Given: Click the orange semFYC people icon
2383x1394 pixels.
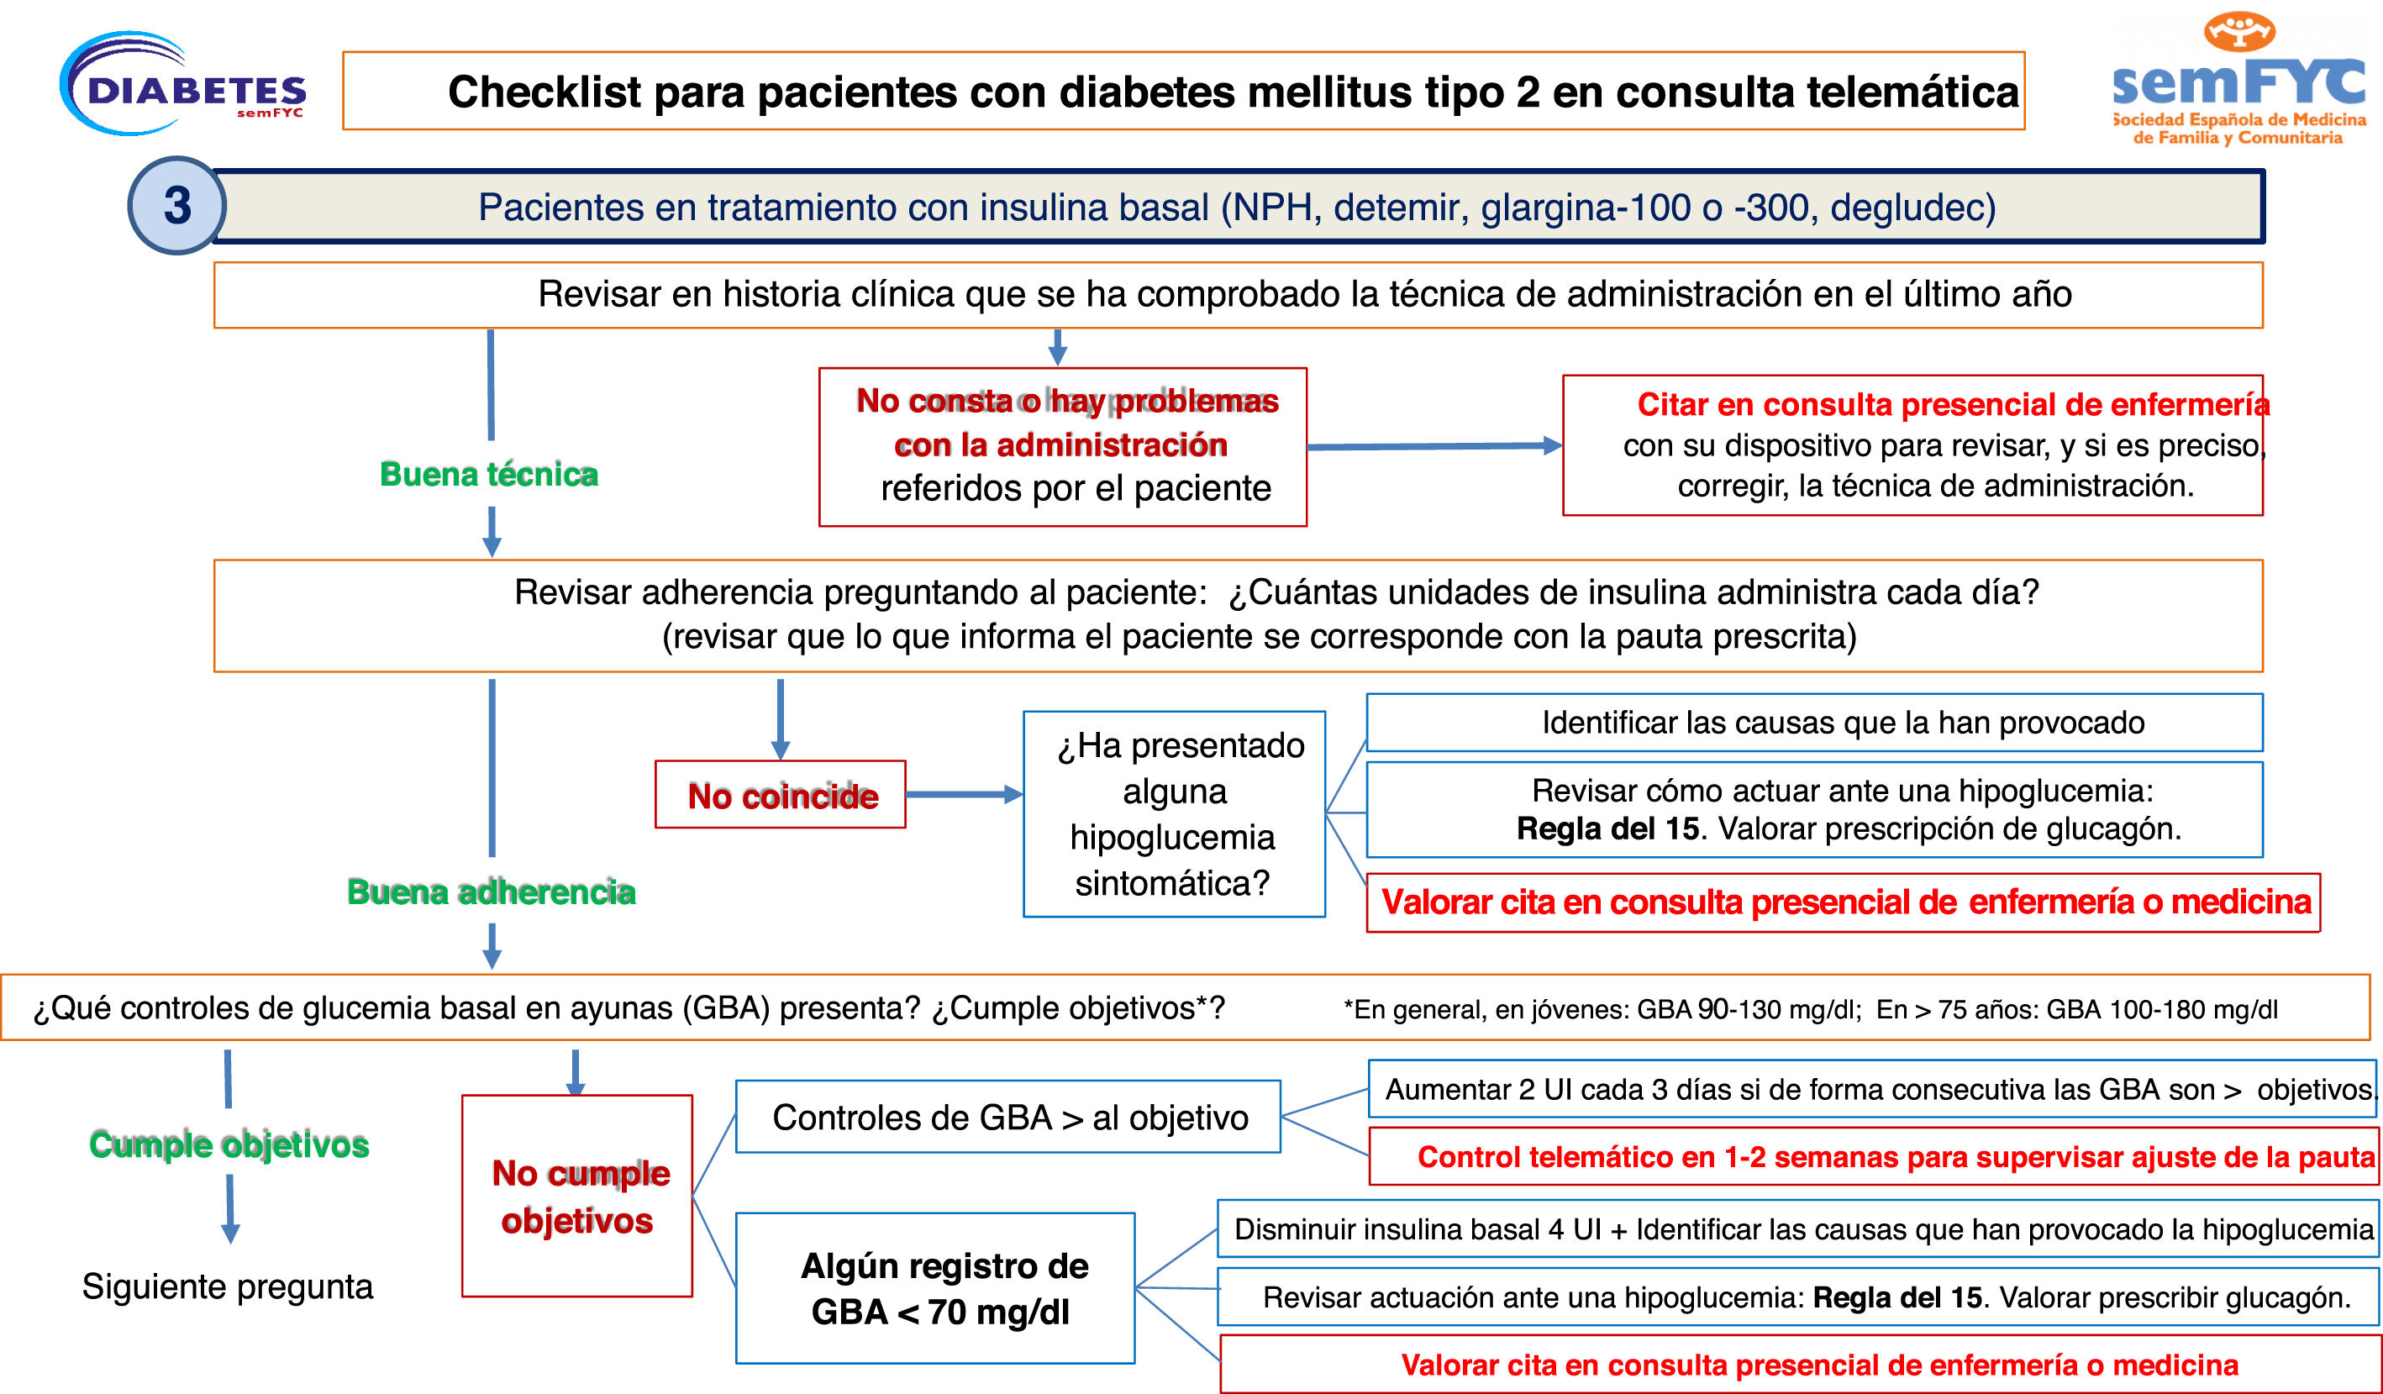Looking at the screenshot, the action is (2238, 31).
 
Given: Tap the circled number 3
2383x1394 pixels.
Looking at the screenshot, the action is (176, 205).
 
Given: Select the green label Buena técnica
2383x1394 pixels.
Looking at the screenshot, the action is (489, 474).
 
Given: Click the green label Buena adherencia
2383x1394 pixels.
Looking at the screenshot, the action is (491, 892).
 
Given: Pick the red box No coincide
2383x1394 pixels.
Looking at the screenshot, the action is (781, 796).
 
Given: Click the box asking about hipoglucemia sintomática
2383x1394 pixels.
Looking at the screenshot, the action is (1174, 813).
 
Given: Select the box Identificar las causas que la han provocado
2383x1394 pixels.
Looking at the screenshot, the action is (1814, 723).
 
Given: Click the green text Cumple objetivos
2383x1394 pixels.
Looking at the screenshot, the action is (229, 1144).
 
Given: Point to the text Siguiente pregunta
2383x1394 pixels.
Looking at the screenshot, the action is (227, 1286).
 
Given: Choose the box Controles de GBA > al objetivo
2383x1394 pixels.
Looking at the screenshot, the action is (1008, 1117).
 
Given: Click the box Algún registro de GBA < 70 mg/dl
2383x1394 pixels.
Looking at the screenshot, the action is (935, 1288).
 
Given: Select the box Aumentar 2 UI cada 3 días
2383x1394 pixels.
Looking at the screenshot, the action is (1872, 1090).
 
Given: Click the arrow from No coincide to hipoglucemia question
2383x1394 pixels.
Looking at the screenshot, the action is (964, 794).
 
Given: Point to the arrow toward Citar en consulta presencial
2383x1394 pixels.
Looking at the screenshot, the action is (1433, 445).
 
